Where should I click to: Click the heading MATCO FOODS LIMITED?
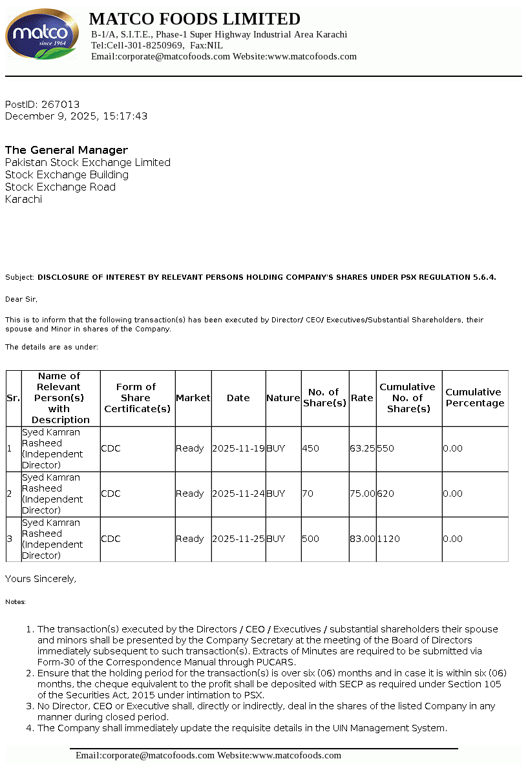195,19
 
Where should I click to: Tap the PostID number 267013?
60,104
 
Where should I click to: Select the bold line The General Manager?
67,150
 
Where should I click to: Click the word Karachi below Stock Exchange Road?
23,199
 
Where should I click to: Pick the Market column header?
193,398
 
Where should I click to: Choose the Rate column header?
362,398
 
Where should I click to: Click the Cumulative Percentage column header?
474,398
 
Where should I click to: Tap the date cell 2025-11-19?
238,448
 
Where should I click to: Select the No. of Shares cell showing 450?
311,448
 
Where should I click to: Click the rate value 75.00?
363,494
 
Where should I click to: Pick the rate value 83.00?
363,539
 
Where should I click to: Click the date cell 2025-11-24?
238,494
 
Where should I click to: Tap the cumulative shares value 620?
386,494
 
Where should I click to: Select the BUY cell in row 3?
276,539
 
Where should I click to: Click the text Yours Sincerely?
41,579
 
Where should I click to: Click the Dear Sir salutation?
21,299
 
